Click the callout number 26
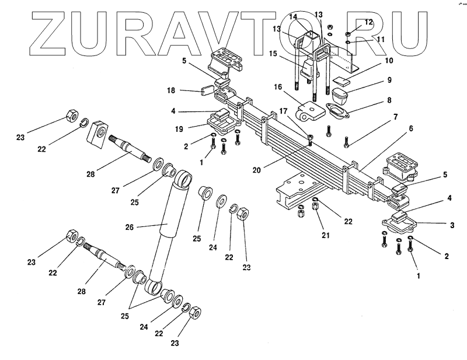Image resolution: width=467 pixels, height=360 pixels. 130,226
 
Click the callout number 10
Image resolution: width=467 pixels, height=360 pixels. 389,60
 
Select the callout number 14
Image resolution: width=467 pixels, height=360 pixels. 308,15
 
